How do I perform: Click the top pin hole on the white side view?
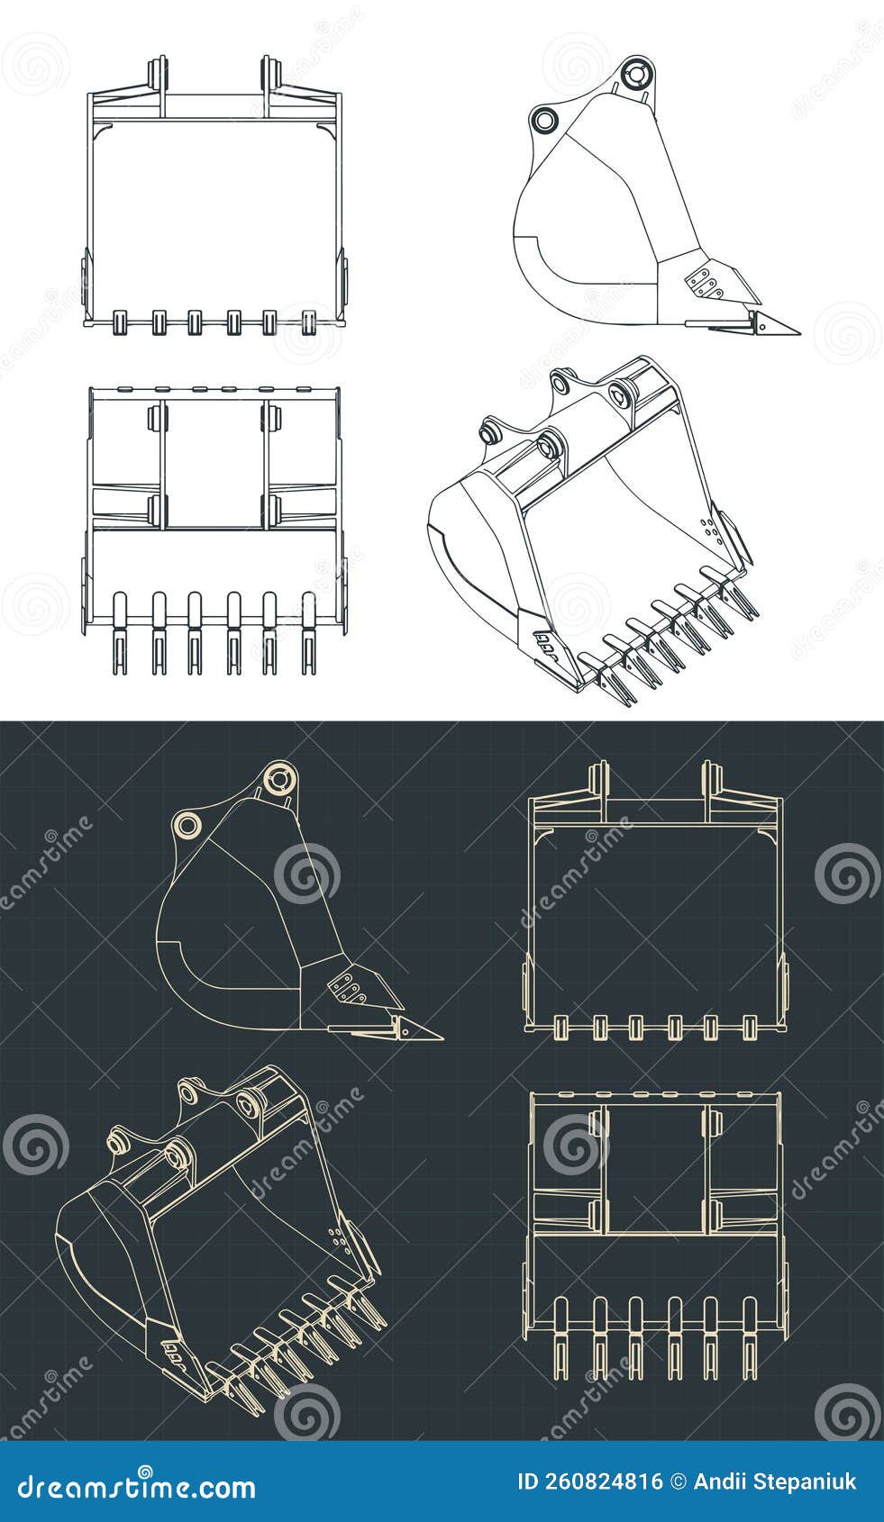[636, 75]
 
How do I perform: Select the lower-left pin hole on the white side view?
[544, 118]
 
